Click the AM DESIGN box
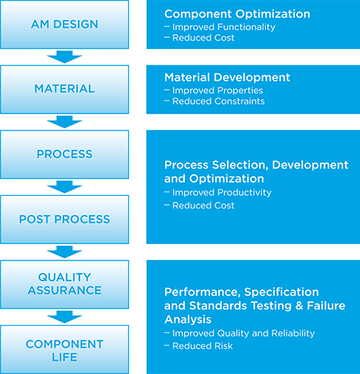click(65, 24)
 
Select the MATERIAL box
click(65, 89)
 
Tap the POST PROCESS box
click(65, 220)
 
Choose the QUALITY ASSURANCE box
click(65, 284)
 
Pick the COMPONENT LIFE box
click(65, 350)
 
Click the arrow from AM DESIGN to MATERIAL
click(65, 57)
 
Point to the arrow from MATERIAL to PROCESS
click(65, 122)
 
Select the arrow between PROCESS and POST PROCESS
click(65, 187)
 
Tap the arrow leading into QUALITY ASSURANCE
click(65, 252)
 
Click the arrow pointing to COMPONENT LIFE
click(65, 317)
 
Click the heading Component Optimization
click(237, 14)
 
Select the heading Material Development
click(227, 77)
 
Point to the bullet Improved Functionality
click(223, 27)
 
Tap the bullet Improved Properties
click(217, 91)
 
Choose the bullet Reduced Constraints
click(218, 101)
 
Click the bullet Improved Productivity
click(222, 192)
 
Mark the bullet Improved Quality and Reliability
click(243, 333)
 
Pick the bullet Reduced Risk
click(203, 346)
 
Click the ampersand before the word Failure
click(299, 306)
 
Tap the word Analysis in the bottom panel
click(188, 320)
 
